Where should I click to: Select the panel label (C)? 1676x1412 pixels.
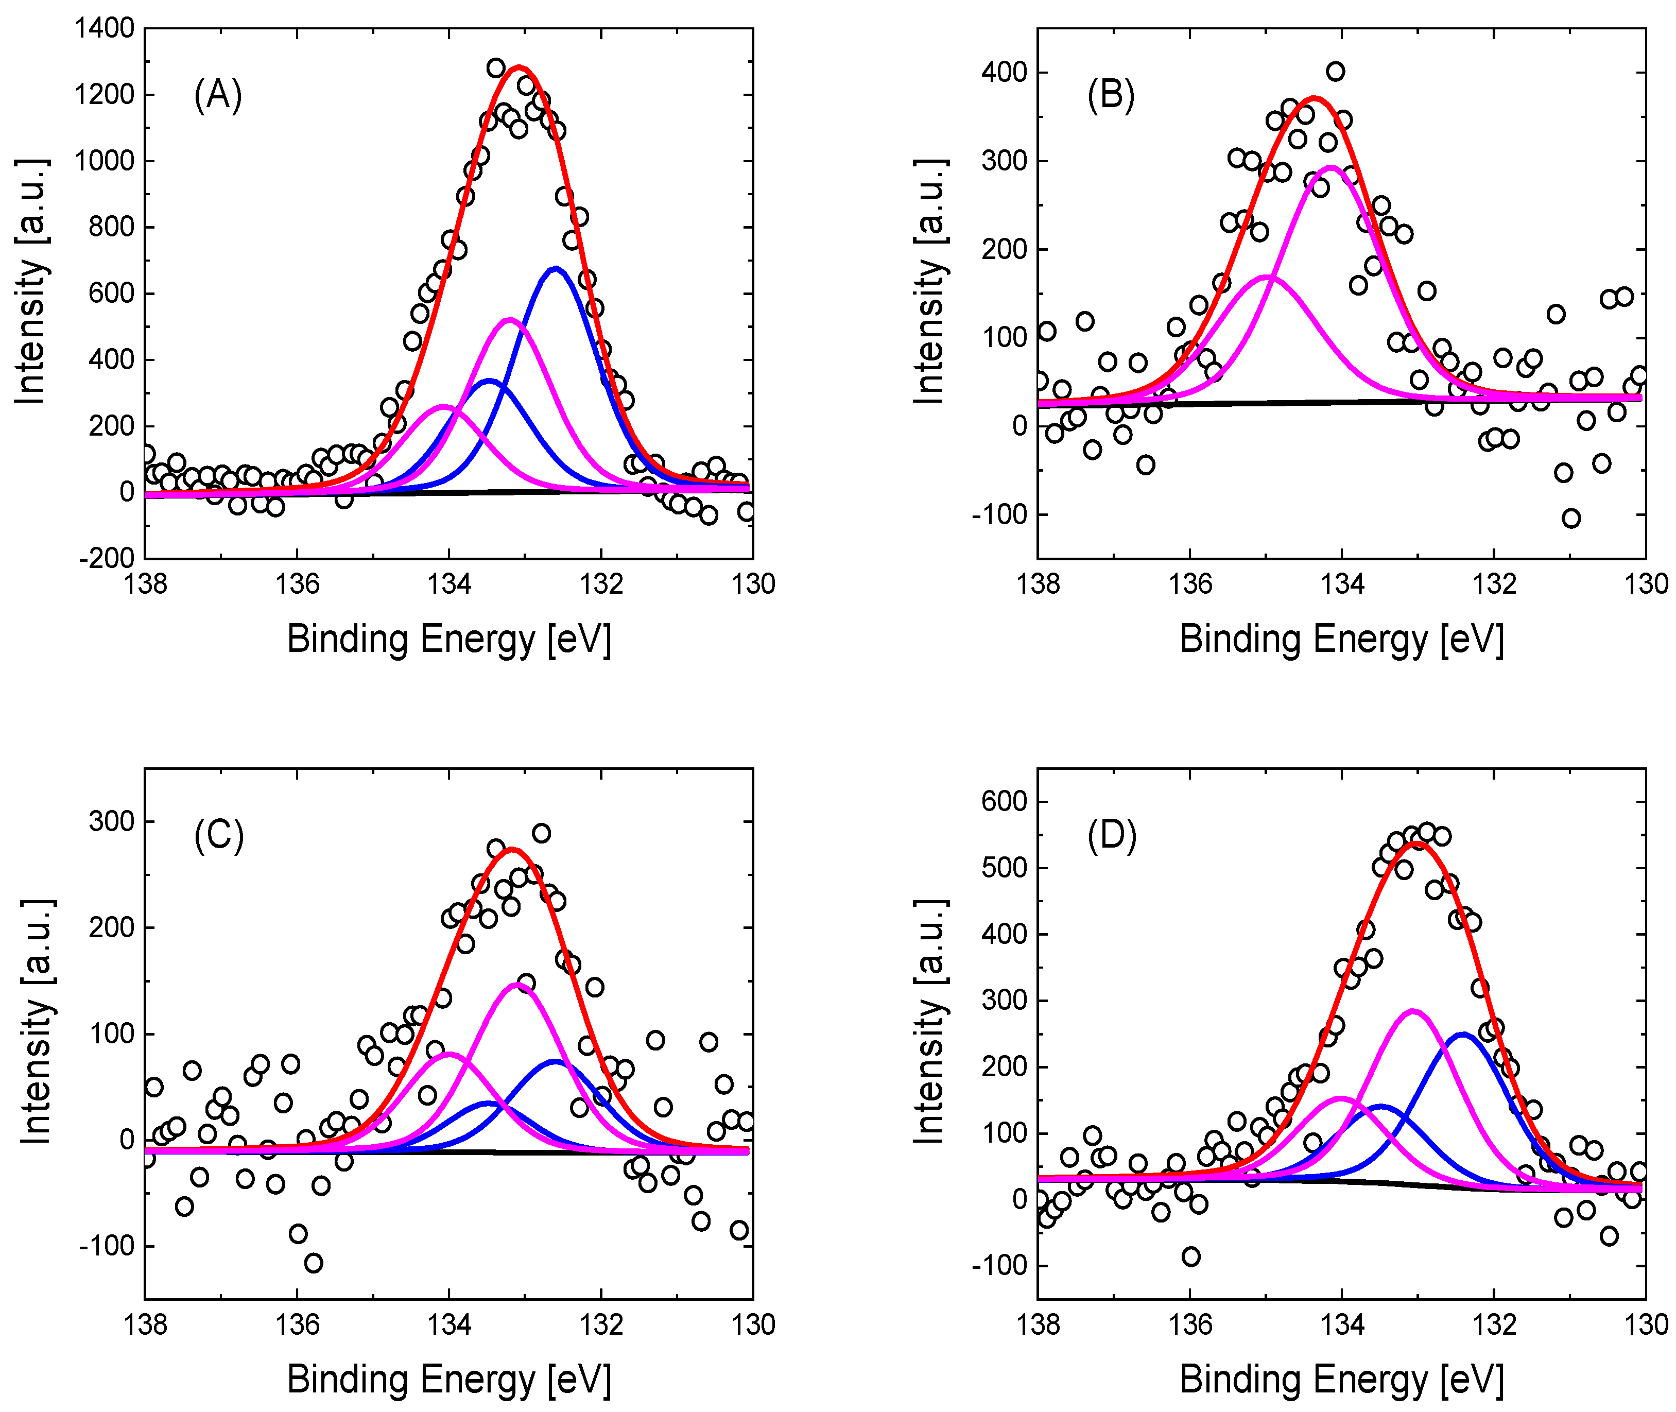tap(218, 836)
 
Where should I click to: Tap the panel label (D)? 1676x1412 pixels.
tap(1112, 836)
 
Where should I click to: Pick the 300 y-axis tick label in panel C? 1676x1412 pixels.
tap(111, 821)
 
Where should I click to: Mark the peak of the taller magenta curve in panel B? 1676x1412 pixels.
tap(1331, 167)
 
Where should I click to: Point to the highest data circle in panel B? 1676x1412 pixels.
tap(1335, 71)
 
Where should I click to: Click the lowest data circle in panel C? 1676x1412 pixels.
tap(313, 1263)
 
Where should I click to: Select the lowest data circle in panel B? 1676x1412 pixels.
tap(1571, 518)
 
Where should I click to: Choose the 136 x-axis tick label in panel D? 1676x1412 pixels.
tap(1189, 1325)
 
